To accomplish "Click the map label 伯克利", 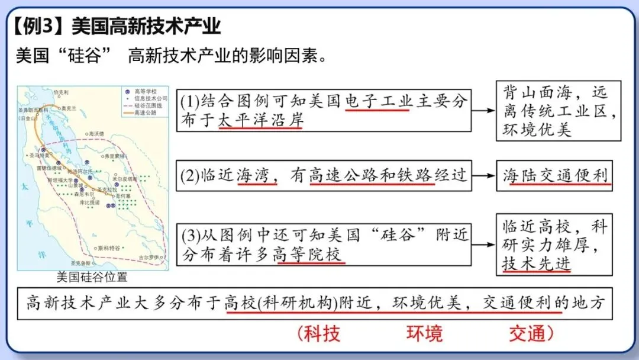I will (61, 92).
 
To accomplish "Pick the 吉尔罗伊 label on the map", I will (149, 258).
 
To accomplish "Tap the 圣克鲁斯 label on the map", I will (80, 262).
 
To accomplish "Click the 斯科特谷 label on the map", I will (109, 247).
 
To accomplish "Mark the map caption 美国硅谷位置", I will (92, 277).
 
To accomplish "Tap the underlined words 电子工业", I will (378, 101).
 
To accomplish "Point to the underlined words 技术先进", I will (537, 263).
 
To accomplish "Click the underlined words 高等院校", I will (308, 255).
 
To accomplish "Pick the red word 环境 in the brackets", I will (424, 333).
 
